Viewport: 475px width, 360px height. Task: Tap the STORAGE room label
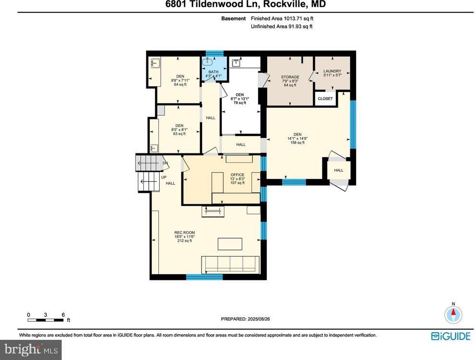point(290,77)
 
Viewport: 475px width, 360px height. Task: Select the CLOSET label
point(325,99)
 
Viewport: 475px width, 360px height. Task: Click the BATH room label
point(213,72)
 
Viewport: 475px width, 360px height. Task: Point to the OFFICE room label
point(237,174)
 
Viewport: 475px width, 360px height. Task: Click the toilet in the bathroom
point(209,62)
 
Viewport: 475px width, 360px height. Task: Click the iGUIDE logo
point(451,336)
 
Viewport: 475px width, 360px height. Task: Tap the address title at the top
point(237,5)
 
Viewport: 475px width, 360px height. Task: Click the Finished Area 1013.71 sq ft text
point(282,19)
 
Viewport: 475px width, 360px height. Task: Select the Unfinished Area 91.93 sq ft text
point(282,26)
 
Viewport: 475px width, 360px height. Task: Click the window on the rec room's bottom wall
point(204,277)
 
